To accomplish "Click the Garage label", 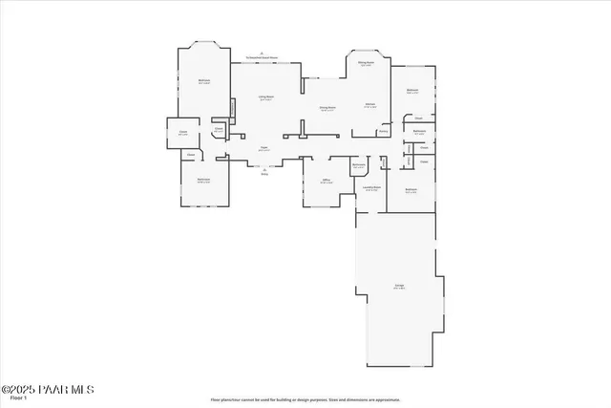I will (399, 286).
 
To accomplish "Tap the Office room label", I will (327, 180).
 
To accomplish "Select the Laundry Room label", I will (372, 187).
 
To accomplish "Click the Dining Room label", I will (327, 108).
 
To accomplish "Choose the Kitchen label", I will (370, 105).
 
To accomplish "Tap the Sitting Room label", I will (366, 63).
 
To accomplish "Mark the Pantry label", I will (383, 132).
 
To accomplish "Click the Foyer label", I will (264, 148).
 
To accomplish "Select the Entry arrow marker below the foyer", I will (264, 172).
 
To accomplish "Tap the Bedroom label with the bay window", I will (204, 81).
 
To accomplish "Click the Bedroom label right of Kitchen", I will (412, 91).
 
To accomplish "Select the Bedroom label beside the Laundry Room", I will (411, 190).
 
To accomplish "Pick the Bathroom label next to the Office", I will (359, 166).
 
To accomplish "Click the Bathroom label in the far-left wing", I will (203, 180).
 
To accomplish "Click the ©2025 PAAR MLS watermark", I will (48, 389).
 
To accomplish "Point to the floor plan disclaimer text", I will (305, 399).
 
